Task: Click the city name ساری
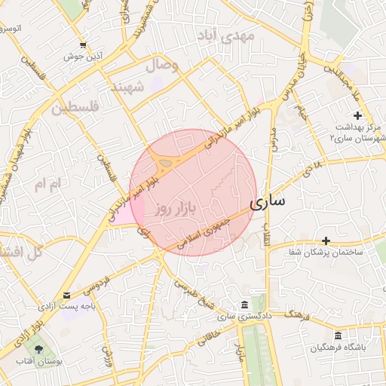(x=267, y=203)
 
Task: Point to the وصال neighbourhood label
(x=164, y=66)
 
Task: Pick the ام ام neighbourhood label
(x=46, y=183)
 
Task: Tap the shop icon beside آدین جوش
(x=82, y=44)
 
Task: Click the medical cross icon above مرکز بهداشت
(x=357, y=115)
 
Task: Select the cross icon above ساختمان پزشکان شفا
(x=326, y=240)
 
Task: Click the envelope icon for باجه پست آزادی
(x=67, y=295)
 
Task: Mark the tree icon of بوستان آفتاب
(x=37, y=349)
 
